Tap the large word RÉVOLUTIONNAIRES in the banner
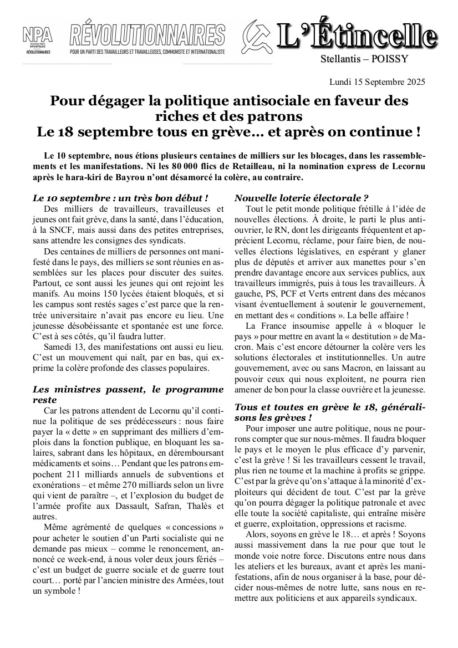[147, 34]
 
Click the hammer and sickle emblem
[258, 36]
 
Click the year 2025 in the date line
[415, 82]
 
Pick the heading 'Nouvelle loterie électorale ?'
[302, 197]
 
